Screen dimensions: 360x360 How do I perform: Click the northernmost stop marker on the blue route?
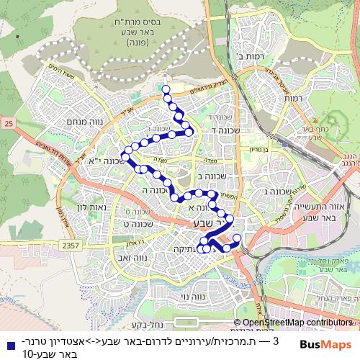click(166, 90)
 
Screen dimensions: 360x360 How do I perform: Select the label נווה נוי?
click(195, 296)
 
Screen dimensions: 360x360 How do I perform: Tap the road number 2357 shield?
click(71, 246)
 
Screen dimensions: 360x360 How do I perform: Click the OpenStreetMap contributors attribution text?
click(296, 323)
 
